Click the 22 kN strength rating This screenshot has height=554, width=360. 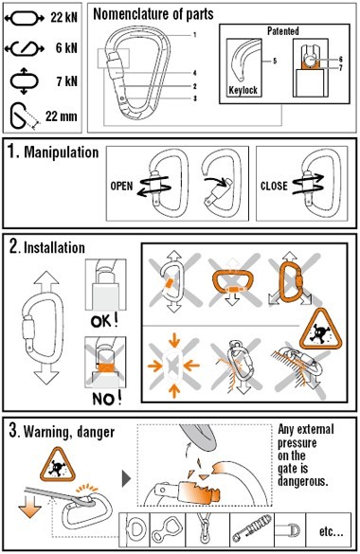pos(63,17)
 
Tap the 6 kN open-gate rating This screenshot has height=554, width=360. pos(66,47)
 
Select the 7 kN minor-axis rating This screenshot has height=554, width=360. pos(66,81)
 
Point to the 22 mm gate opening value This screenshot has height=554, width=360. pos(62,116)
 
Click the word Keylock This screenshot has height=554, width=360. pos(243,90)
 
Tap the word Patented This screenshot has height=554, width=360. pos(283,31)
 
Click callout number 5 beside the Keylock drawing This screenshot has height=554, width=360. pos(275,62)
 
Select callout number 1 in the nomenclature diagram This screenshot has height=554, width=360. pos(194,35)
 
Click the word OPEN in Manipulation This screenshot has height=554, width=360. pos(121,186)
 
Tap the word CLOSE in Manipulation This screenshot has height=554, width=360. pos(274,186)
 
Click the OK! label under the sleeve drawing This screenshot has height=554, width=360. pos(104,321)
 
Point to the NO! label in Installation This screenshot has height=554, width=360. pos(107,399)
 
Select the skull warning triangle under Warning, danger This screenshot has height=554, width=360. pos(57,464)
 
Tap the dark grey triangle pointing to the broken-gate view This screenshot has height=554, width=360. pos(126,478)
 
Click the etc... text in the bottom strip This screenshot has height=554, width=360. pos(331,531)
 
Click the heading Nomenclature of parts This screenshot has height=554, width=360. pos(153,14)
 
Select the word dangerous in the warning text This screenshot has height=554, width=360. pos(303,481)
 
